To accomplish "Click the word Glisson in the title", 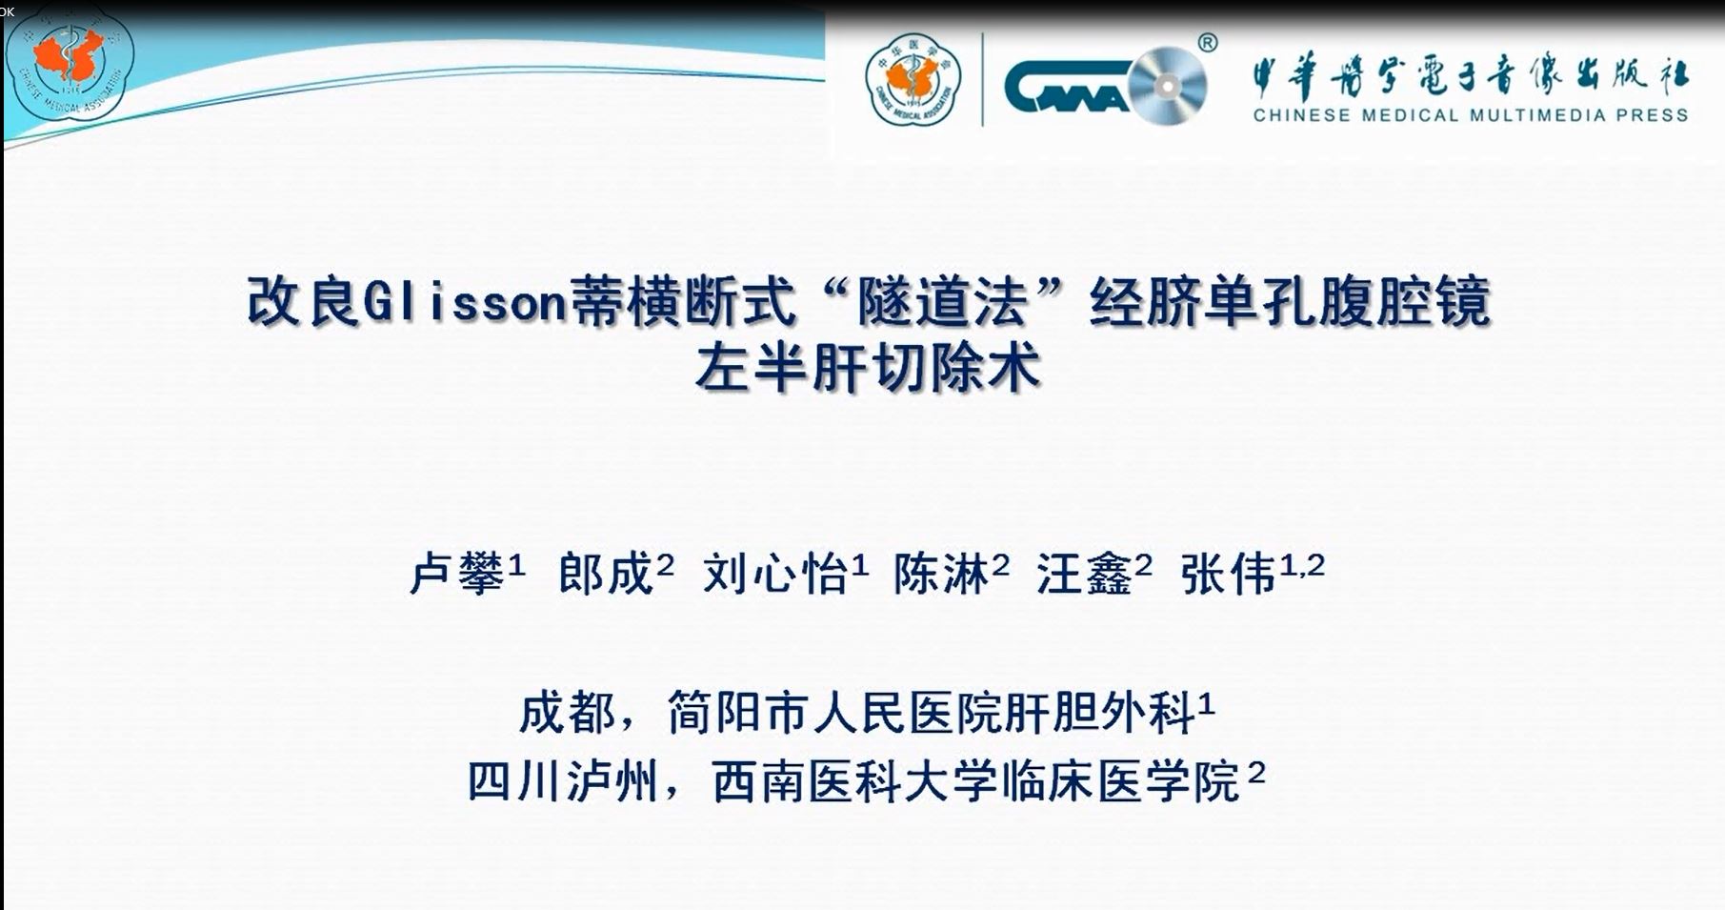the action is (x=466, y=302).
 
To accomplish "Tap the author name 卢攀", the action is (x=456, y=575).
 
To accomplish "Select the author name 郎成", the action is (x=606, y=574).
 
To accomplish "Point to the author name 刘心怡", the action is (x=774, y=575).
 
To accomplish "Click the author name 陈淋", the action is (x=940, y=574).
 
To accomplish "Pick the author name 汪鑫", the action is (x=1084, y=575).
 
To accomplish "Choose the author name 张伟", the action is (x=1228, y=575).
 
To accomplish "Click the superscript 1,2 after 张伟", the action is (x=1302, y=565).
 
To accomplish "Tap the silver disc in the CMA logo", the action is (x=1168, y=86).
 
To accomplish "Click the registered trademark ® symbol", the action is (x=1207, y=42).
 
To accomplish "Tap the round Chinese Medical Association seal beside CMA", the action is (x=913, y=80).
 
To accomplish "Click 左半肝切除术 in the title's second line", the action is (x=868, y=368).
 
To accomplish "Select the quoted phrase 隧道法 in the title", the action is (x=942, y=302).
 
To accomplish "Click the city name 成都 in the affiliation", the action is (x=567, y=712).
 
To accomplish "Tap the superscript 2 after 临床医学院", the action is (x=1256, y=772).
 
